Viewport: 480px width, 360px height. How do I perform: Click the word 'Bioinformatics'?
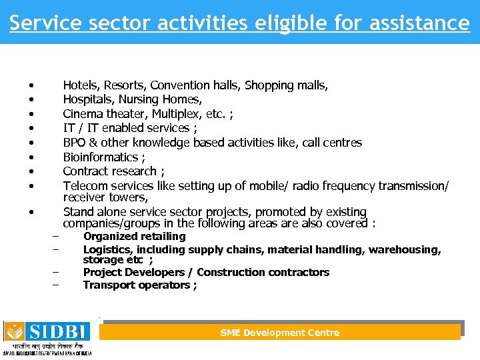pos(101,157)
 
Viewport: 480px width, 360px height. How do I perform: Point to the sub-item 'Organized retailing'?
pos(134,237)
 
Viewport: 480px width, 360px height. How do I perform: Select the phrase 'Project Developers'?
pos(133,273)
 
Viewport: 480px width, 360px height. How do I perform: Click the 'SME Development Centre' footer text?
pos(280,333)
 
